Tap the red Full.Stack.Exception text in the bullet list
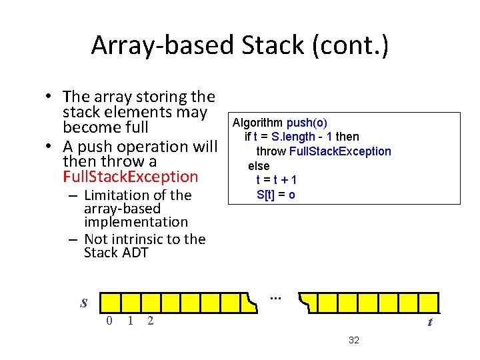[x=131, y=177]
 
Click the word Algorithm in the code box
[x=257, y=123]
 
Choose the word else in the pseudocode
[x=259, y=166]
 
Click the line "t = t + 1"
[x=277, y=180]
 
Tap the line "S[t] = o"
[x=276, y=195]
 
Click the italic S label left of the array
[x=83, y=303]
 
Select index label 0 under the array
[x=109, y=321]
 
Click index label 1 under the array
[x=130, y=321]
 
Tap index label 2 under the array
[x=150, y=321]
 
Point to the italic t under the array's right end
[x=430, y=322]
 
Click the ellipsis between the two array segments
[x=276, y=295]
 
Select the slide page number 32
[x=354, y=341]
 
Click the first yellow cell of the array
[x=109, y=302]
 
